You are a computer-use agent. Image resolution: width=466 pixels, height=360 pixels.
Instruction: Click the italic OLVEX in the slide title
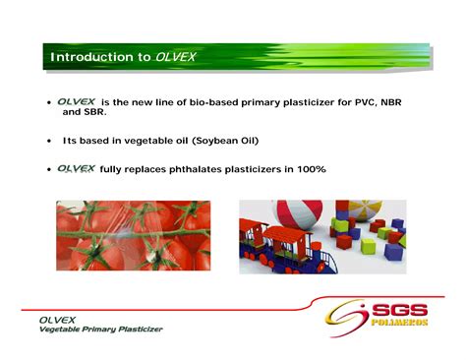click(x=175, y=57)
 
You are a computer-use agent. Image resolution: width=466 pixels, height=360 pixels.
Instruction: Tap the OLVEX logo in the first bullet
click(x=76, y=101)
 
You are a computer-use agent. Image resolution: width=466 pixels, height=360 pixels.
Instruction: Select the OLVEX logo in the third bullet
click(x=76, y=168)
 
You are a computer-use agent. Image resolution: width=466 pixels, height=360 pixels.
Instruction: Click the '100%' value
click(x=309, y=169)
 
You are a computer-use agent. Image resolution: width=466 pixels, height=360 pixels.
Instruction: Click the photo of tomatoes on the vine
click(x=133, y=235)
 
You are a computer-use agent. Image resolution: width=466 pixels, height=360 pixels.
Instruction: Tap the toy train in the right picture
click(x=280, y=247)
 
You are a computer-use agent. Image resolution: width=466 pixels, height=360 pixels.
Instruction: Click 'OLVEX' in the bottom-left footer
click(x=58, y=320)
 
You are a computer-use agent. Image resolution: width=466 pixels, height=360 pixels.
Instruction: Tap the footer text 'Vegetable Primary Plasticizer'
click(x=100, y=330)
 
